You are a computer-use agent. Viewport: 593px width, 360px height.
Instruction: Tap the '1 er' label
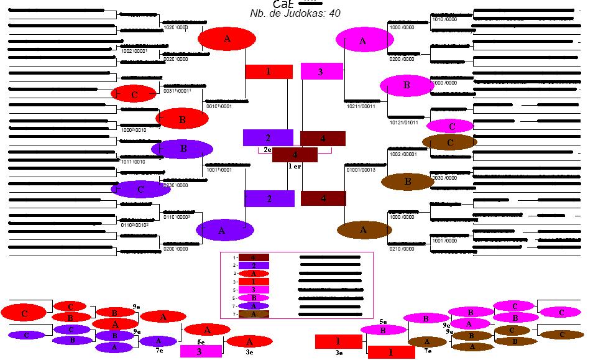295,166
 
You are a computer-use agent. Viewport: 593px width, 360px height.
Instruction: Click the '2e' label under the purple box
267,149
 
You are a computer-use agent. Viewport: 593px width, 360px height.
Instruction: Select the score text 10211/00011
361,106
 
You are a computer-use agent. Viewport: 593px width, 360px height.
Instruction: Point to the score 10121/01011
403,122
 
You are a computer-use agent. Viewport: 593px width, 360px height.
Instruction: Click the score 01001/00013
361,168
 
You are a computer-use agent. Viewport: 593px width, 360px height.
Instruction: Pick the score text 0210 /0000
402,249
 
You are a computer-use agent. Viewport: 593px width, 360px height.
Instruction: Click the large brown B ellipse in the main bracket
407,182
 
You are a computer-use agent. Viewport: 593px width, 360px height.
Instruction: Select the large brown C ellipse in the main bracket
449,142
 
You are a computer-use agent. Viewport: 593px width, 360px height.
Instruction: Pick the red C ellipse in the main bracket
135,95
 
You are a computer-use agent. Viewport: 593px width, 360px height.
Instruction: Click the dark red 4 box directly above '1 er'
295,154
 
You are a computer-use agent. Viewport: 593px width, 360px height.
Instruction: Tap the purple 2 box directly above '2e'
267,137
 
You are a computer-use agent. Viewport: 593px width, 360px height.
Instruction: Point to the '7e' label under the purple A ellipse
159,351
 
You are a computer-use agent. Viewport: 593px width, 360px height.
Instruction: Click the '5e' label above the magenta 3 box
201,341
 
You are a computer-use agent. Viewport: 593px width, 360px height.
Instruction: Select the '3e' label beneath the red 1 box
339,353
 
